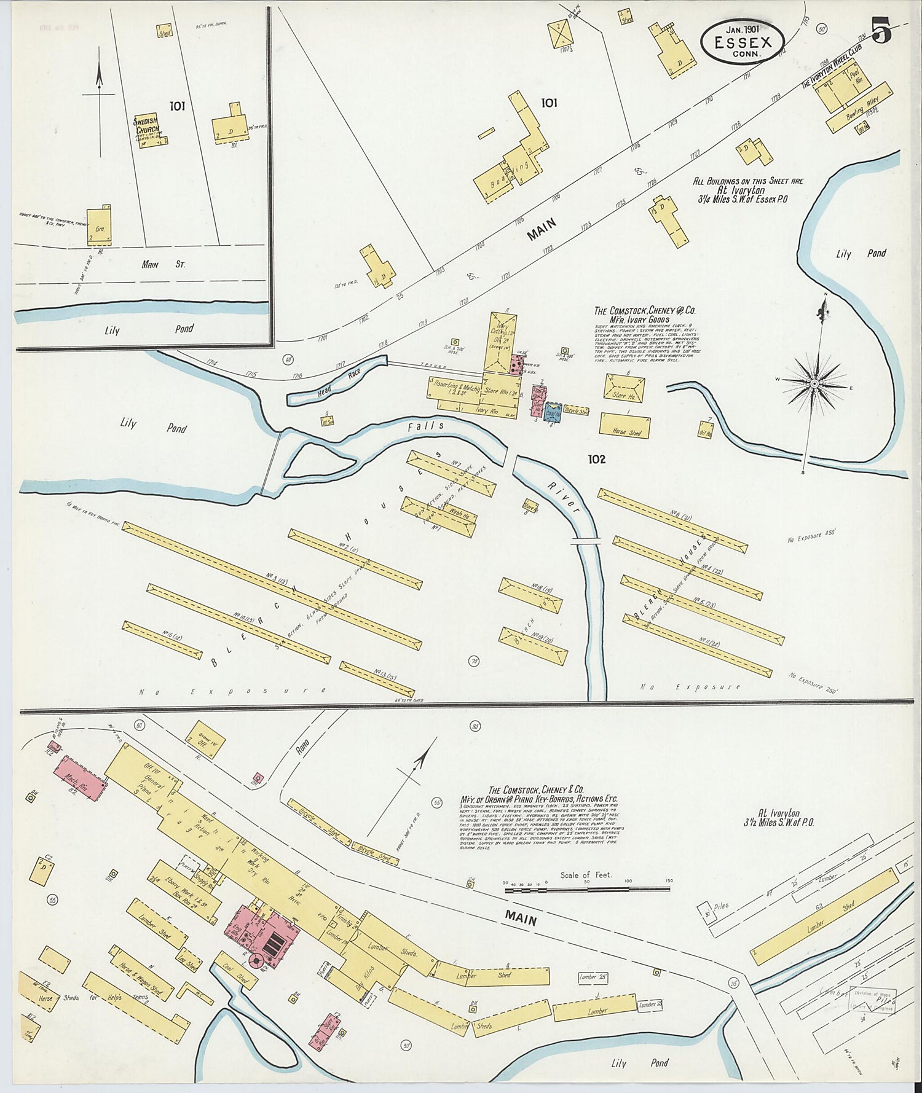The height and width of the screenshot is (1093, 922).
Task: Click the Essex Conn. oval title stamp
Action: pyautogui.click(x=743, y=40)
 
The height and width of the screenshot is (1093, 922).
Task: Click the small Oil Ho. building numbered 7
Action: pyautogui.click(x=705, y=429)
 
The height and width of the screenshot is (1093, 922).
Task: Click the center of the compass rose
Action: pyautogui.click(x=814, y=383)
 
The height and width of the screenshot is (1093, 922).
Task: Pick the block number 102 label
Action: pyautogui.click(x=596, y=459)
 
